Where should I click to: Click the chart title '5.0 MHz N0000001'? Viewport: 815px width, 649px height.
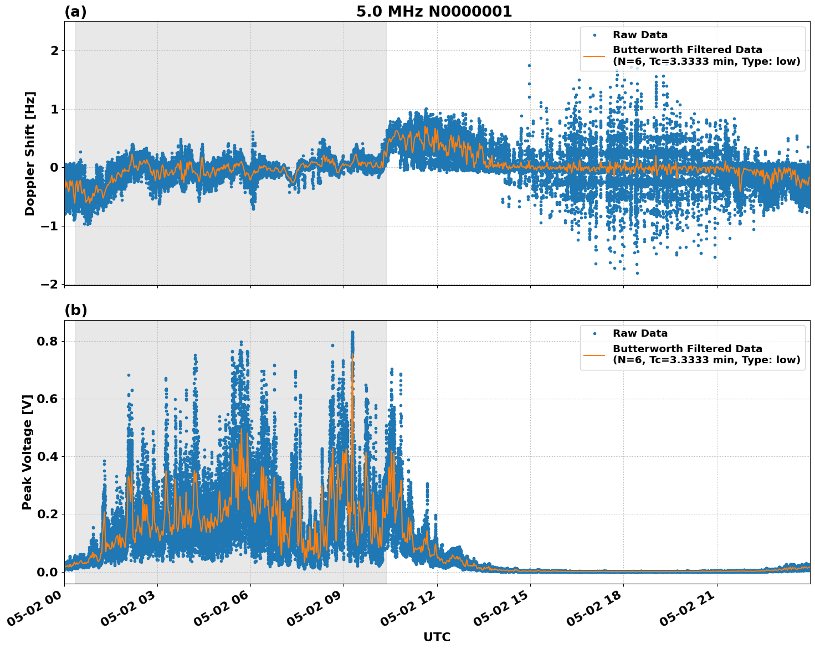click(434, 12)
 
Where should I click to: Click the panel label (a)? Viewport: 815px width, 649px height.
click(75, 12)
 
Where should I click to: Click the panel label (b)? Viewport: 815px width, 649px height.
click(75, 311)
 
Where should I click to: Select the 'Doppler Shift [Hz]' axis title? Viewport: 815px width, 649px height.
click(30, 153)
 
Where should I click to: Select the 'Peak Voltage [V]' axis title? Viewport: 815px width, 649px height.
click(27, 452)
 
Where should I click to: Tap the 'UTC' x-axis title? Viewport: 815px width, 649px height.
click(437, 637)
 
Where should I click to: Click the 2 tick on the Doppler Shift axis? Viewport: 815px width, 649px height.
click(54, 51)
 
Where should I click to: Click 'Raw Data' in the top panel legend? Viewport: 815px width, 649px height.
click(640, 35)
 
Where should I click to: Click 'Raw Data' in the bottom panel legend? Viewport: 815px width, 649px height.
click(640, 333)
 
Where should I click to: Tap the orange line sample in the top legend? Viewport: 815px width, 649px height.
click(594, 55)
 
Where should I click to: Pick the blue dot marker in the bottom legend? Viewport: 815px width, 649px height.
click(594, 333)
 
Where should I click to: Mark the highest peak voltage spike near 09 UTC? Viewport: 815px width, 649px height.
click(352, 332)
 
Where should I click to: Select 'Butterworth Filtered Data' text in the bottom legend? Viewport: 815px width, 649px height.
click(687, 349)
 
